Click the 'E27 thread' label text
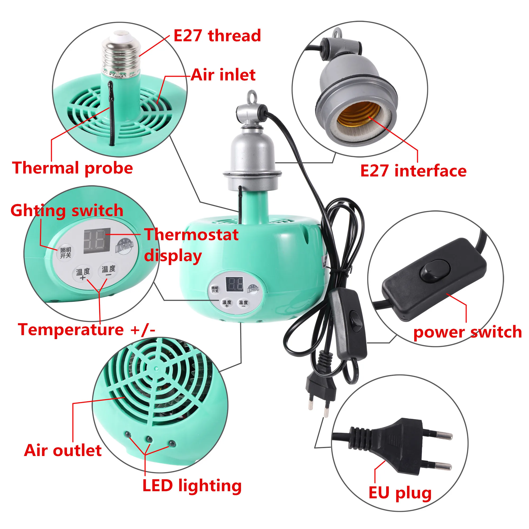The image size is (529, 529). click(x=217, y=36)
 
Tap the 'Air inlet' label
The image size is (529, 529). click(x=223, y=75)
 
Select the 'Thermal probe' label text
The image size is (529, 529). click(x=72, y=168)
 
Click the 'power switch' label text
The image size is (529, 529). click(x=467, y=332)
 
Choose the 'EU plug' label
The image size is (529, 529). click(x=400, y=493)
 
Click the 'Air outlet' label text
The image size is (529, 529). click(x=63, y=451)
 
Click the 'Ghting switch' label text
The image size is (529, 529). click(x=67, y=211)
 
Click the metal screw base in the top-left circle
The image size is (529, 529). click(x=120, y=55)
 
